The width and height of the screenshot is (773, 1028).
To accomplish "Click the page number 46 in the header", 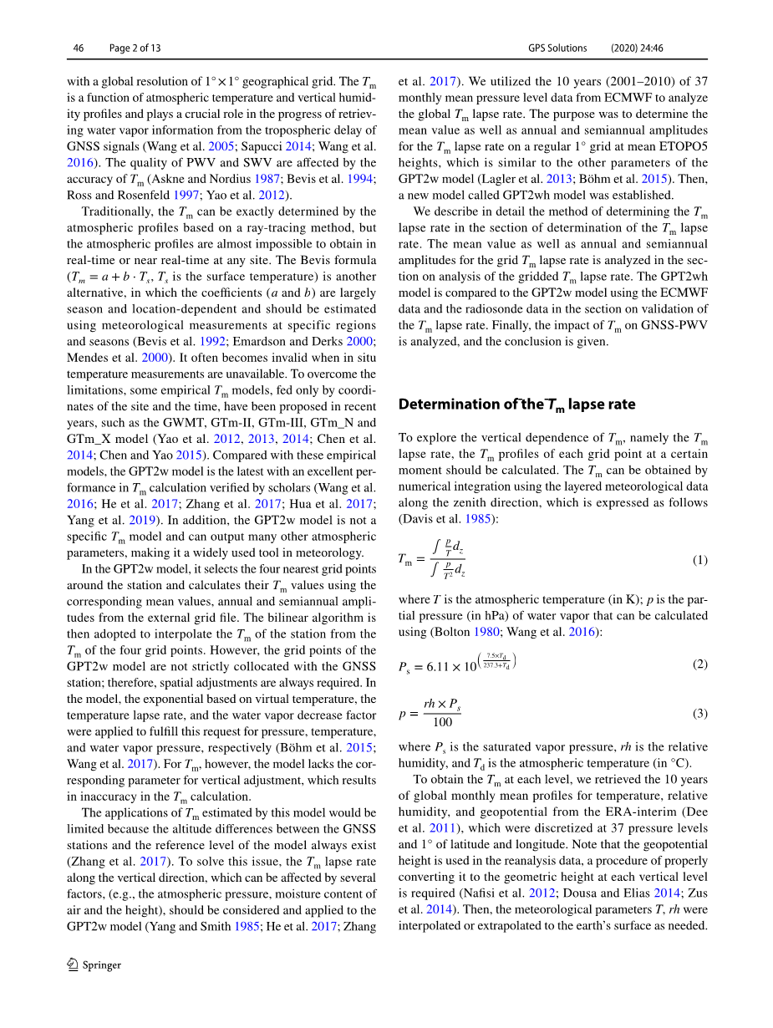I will coord(79,48).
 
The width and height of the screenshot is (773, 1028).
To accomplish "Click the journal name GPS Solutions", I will coord(557,48).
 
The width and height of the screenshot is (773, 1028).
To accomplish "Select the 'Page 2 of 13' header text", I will coord(135,48).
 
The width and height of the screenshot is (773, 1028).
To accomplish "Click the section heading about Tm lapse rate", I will coord(516,405).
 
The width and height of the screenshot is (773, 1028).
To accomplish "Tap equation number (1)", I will coord(699,560).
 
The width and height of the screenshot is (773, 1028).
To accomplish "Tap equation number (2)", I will coord(699,664).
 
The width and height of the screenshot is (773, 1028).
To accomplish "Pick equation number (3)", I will coord(699,713).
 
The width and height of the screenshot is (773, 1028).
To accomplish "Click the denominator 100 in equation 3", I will coord(442,722).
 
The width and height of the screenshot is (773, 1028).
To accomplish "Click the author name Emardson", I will coord(256,342).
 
